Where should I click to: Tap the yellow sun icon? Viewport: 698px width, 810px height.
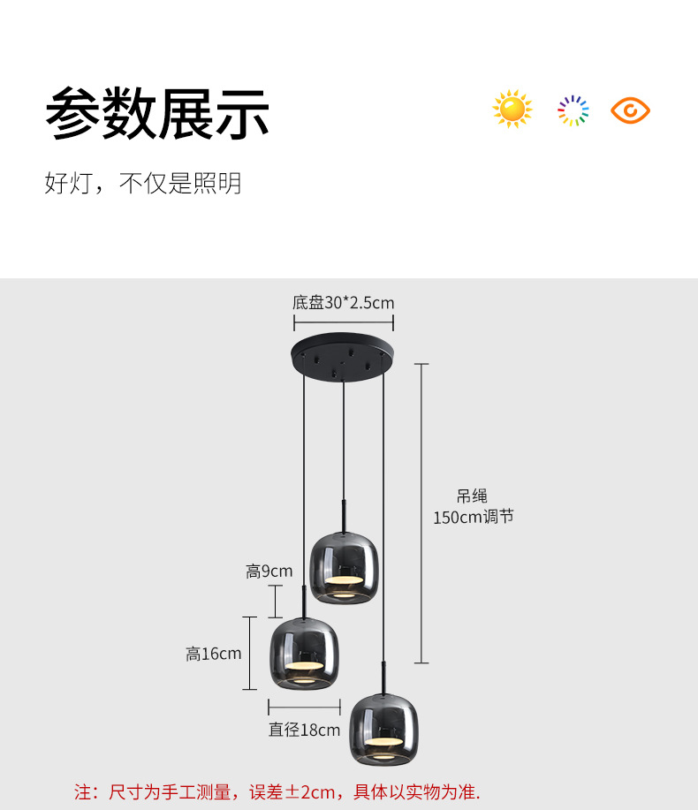tap(512, 110)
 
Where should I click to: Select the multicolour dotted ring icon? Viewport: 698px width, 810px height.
tap(573, 110)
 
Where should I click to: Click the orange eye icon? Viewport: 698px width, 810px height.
tap(630, 110)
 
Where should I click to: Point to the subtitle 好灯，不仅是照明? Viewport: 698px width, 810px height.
tap(142, 184)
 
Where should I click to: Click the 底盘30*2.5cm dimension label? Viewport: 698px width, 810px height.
tap(343, 303)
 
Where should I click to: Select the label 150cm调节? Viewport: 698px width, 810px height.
tap(473, 518)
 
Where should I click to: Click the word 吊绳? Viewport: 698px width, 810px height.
tap(472, 496)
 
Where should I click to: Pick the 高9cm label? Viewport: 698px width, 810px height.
tap(269, 572)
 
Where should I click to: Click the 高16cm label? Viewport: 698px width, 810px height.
tap(213, 654)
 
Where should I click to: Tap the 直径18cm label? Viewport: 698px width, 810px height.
tap(304, 730)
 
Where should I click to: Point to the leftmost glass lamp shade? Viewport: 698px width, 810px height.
tap(306, 653)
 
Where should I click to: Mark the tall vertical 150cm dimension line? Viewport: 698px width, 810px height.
tap(421, 512)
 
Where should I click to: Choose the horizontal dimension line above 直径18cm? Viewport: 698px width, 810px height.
tap(304, 707)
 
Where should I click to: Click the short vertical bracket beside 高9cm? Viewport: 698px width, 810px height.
tap(276, 601)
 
